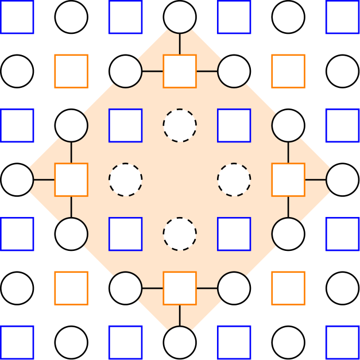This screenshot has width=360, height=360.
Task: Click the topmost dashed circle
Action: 180,125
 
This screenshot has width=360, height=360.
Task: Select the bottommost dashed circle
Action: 180,234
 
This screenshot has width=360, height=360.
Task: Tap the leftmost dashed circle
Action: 126,180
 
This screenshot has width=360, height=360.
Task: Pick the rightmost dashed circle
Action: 234,180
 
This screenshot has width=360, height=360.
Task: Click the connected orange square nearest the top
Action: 180,71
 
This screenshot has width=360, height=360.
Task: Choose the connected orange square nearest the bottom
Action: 180,288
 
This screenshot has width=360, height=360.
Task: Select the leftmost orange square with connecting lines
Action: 71,180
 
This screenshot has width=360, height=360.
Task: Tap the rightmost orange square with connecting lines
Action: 288,180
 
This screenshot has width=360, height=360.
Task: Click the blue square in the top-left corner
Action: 17,17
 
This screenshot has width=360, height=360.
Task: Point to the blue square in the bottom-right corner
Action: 343,343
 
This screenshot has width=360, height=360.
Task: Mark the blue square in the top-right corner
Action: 343,17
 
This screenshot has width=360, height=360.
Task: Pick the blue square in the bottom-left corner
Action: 17,343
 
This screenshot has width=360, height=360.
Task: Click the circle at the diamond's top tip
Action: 180,17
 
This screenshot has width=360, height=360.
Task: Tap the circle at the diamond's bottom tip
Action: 180,343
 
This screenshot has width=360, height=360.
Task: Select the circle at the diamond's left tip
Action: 17,180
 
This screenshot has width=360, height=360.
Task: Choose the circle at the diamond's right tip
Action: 343,180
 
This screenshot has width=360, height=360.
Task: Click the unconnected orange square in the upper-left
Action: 71,71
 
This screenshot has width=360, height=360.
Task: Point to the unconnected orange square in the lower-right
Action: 288,288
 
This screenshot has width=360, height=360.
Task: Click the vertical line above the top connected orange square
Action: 180,44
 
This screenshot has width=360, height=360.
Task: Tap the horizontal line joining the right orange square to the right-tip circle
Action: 315,180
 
